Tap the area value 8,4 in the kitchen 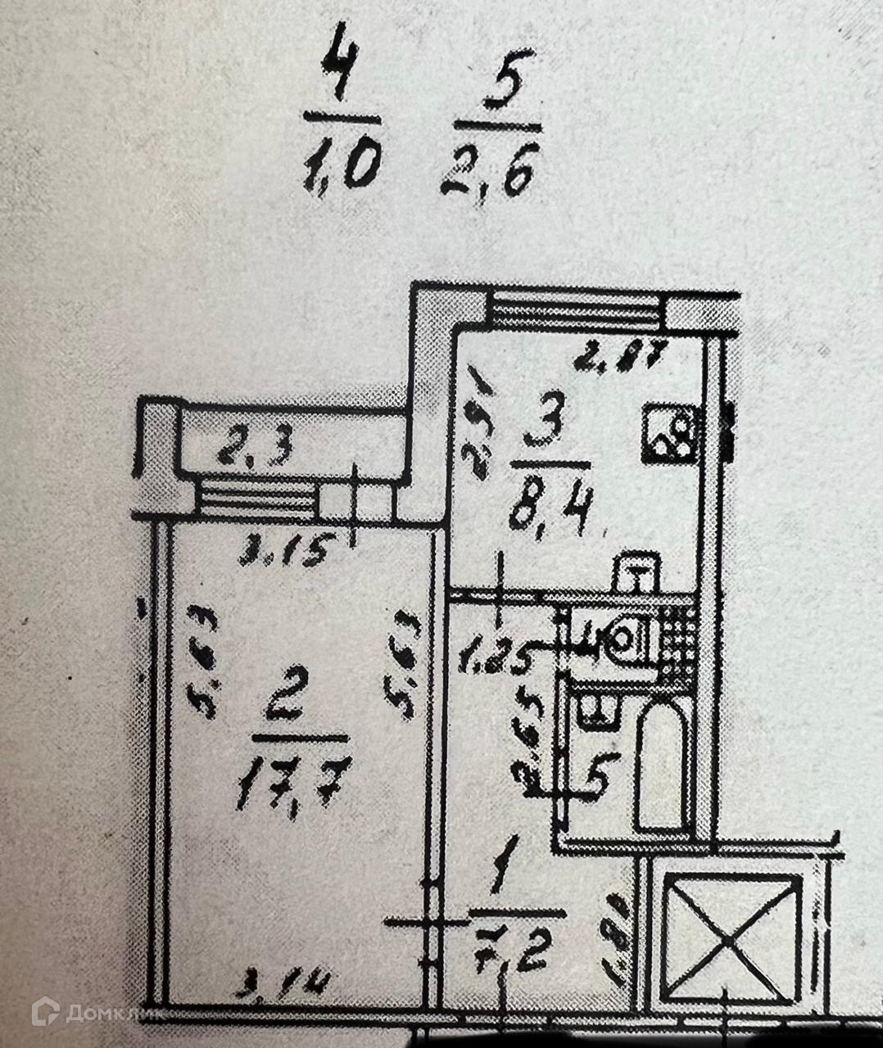point(548,511)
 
